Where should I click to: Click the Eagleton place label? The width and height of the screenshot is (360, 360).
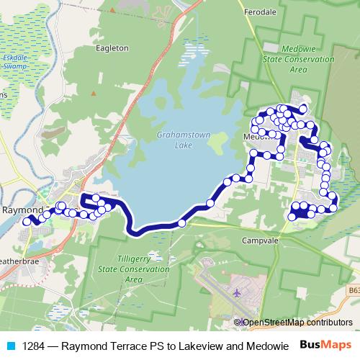pos(112,48)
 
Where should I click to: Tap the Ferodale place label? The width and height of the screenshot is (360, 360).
pos(260,13)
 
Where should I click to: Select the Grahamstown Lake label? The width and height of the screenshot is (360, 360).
pos(174,140)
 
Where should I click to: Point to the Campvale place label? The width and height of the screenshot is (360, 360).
pos(259,240)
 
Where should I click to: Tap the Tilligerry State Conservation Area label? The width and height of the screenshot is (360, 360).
pos(133,268)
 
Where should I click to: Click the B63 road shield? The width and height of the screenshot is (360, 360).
pos(353,289)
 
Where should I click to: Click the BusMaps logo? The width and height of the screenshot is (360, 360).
pos(325,346)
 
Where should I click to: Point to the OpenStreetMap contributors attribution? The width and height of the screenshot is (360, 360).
pos(297,322)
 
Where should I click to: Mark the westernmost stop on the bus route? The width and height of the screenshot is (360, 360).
pos(27,222)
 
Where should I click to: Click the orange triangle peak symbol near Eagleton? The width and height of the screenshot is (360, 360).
pos(92,94)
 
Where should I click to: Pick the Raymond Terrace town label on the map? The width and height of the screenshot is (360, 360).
pos(22,210)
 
